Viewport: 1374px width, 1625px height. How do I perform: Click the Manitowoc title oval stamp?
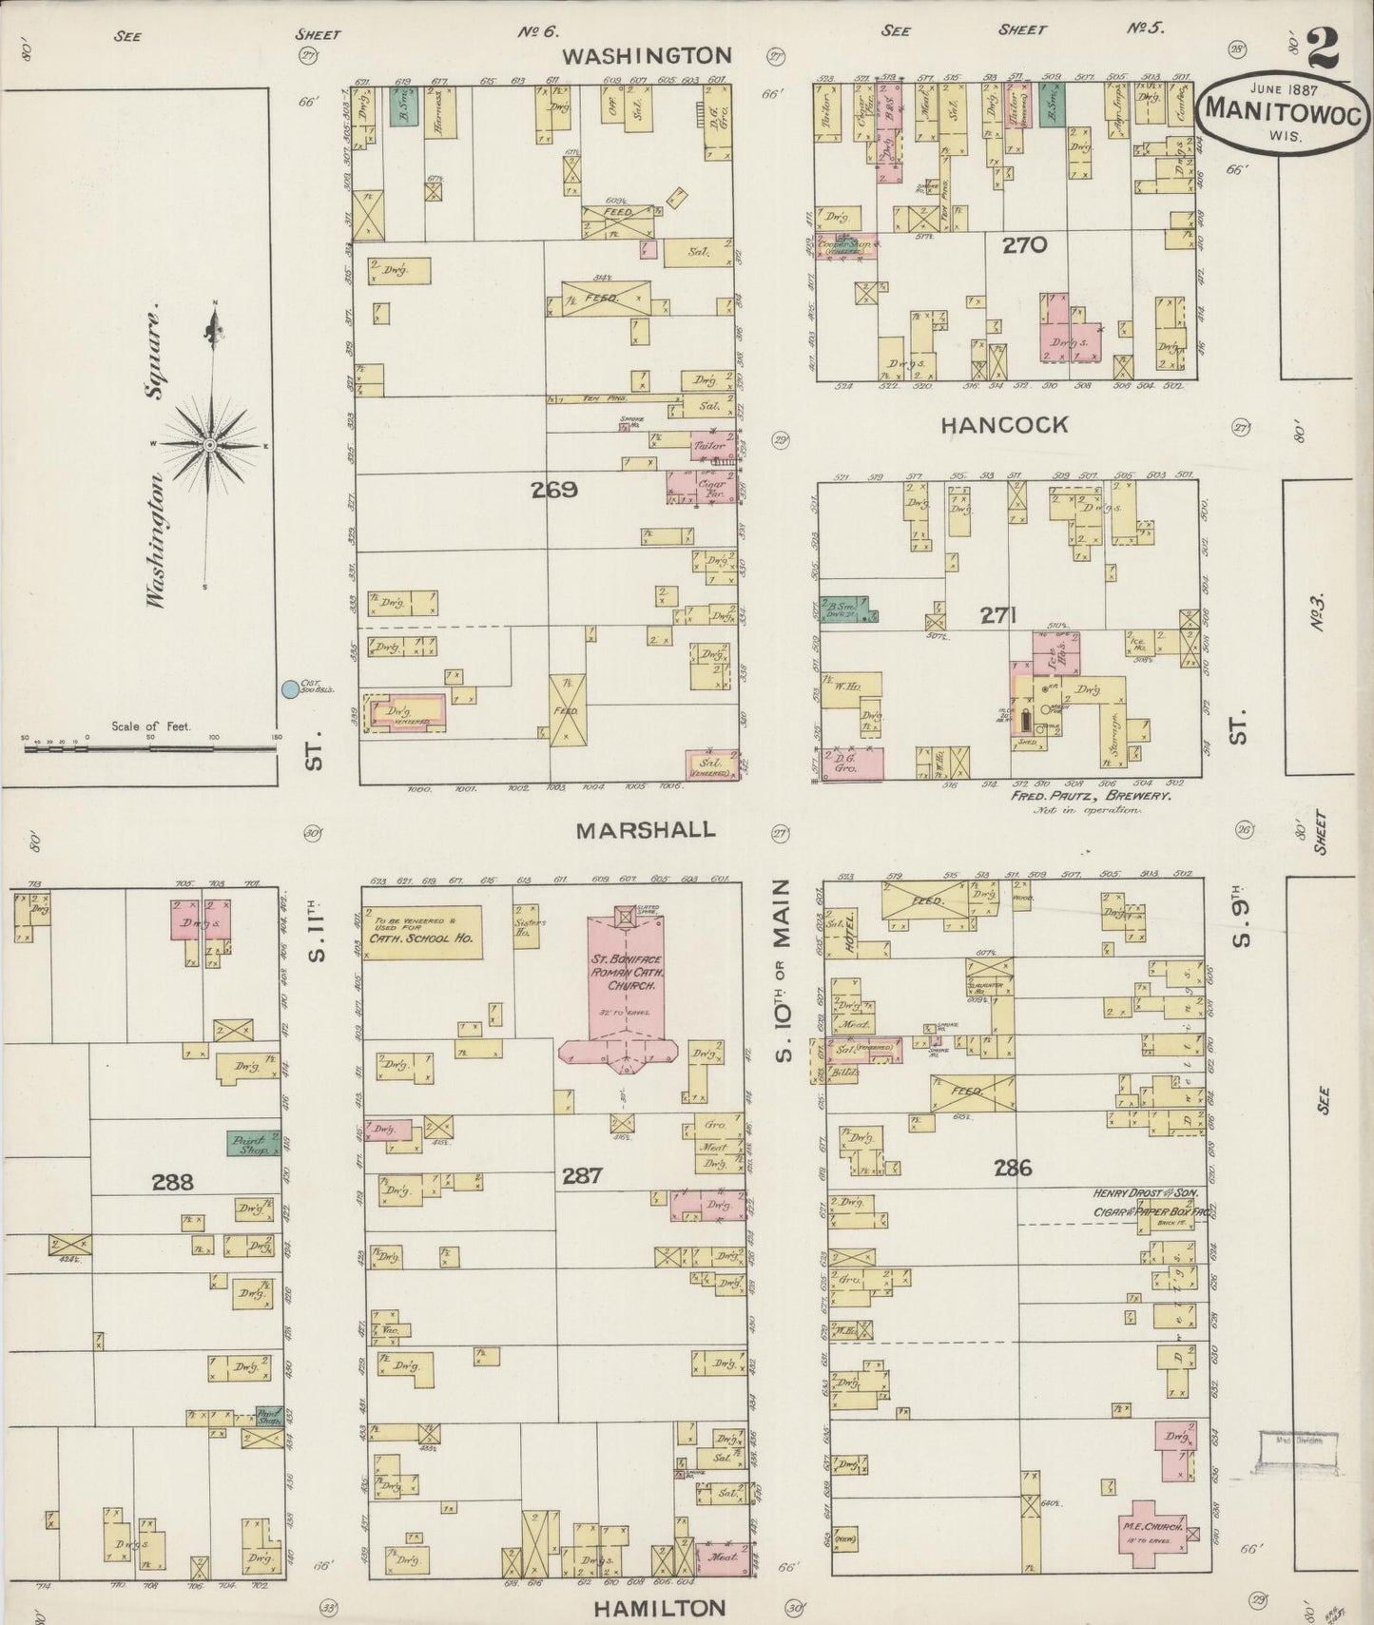pyautogui.click(x=1285, y=110)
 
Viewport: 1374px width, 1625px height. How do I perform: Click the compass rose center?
pyautogui.click(x=209, y=445)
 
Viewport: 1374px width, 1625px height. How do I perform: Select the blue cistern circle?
pyautogui.click(x=289, y=688)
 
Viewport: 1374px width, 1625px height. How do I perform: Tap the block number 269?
pyautogui.click(x=555, y=491)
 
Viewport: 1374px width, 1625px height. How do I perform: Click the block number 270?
pyautogui.click(x=1024, y=246)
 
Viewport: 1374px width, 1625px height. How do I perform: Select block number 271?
pyautogui.click(x=999, y=616)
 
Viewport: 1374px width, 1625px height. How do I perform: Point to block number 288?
pyautogui.click(x=172, y=1182)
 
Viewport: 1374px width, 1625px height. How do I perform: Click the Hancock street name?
pyautogui.click(x=1004, y=425)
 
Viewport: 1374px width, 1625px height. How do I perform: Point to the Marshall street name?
pyautogui.click(x=646, y=830)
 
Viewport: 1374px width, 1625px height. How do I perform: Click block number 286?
pyautogui.click(x=1013, y=1168)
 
